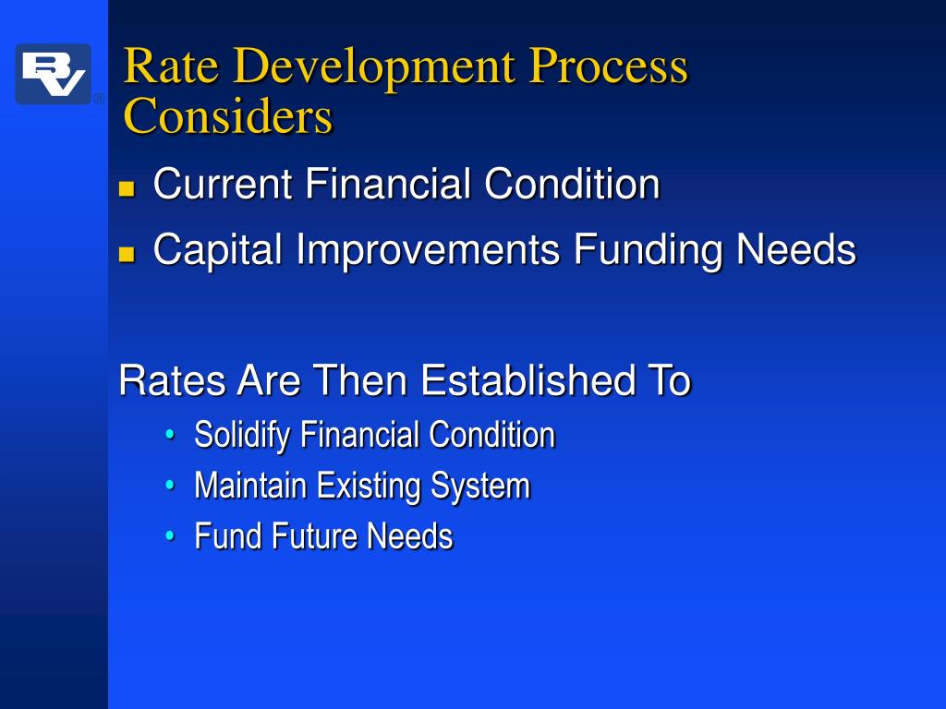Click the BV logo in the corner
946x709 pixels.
click(53, 74)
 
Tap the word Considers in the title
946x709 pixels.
click(227, 117)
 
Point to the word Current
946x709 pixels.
click(223, 184)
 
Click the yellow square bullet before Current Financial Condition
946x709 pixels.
click(127, 189)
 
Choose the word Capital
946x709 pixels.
click(218, 250)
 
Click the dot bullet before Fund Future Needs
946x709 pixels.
click(171, 536)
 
